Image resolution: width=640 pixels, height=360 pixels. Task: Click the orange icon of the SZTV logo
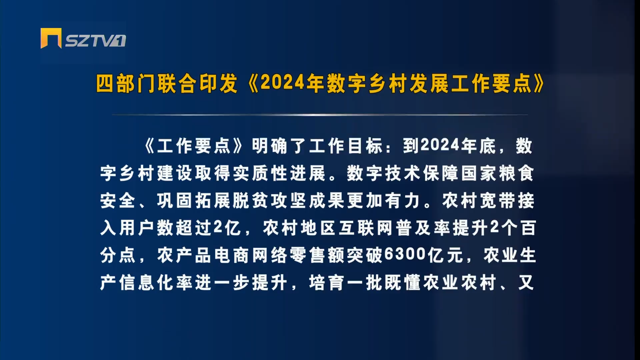51,38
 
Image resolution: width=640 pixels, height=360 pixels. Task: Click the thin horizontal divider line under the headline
320,115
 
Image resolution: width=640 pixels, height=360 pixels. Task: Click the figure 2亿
227,228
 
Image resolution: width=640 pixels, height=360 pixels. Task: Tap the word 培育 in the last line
327,283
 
